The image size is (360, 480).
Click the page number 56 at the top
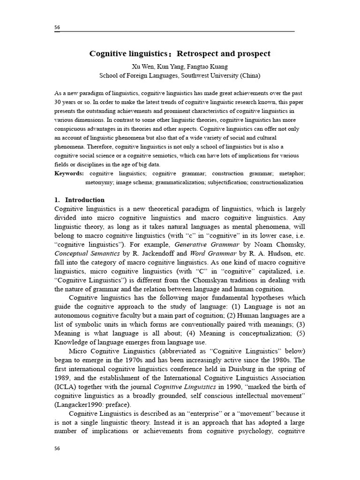click(x=57, y=28)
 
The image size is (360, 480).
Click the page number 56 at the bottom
click(x=57, y=449)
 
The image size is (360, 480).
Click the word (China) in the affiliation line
click(x=250, y=75)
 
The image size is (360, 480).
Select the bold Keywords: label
click(x=69, y=173)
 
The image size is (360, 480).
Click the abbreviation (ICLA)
click(x=66, y=387)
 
